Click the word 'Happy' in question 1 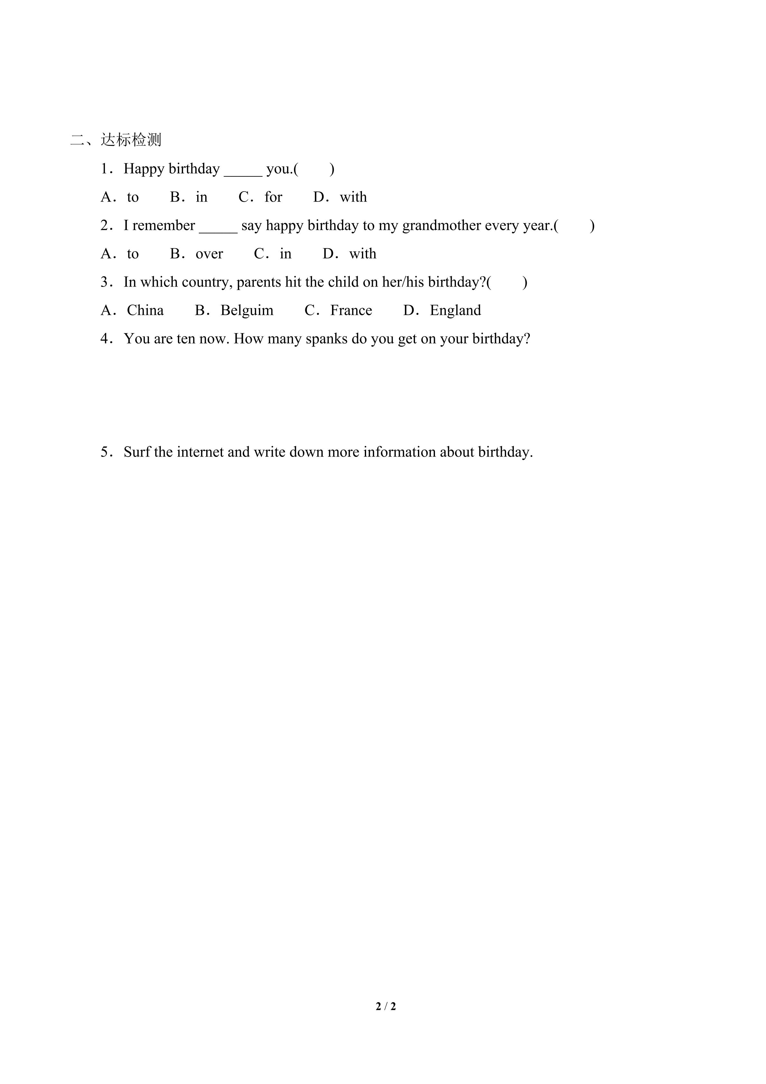144,169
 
